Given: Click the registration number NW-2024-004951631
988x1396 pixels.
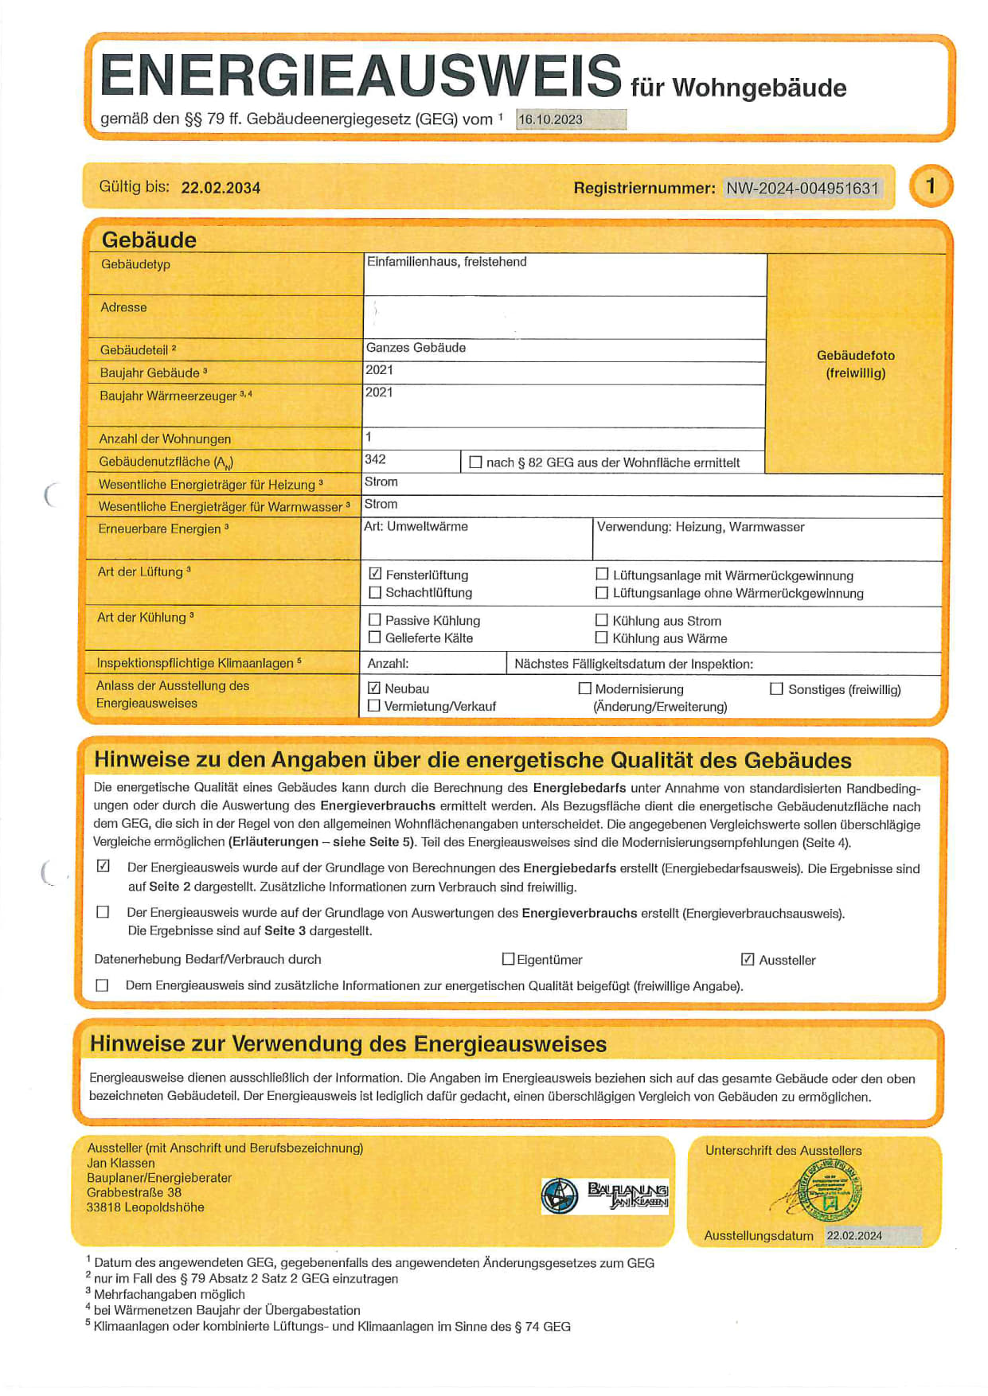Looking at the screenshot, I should [802, 188].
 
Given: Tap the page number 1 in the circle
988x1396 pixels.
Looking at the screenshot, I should [930, 185].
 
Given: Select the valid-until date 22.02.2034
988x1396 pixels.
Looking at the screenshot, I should [221, 188].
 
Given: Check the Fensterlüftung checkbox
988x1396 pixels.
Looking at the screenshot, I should [376, 574].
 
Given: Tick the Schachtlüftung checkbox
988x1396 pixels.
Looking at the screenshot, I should [376, 592].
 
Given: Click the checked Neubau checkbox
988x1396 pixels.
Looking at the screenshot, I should [374, 688].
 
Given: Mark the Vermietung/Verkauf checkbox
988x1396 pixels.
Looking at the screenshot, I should [374, 706].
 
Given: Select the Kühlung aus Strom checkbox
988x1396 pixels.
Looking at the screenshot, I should [602, 620].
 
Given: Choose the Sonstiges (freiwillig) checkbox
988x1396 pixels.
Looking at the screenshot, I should [776, 688].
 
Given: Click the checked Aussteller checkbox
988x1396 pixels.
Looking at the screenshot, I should [748, 959].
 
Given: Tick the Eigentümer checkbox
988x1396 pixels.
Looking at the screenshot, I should [508, 959].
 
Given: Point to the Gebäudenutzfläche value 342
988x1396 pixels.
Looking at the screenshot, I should [376, 459].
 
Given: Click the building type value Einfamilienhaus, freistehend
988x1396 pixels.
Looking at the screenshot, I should [447, 262].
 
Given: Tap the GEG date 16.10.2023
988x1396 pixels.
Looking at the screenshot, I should [551, 119].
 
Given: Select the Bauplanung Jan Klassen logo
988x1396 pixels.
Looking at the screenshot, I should [605, 1195].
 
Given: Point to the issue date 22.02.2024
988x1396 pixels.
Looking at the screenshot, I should [854, 1235].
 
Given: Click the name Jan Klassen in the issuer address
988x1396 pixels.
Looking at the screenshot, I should [121, 1163].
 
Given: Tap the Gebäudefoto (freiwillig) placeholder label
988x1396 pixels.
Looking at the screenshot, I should [856, 364].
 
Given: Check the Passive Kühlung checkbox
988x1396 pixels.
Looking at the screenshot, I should [375, 619].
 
